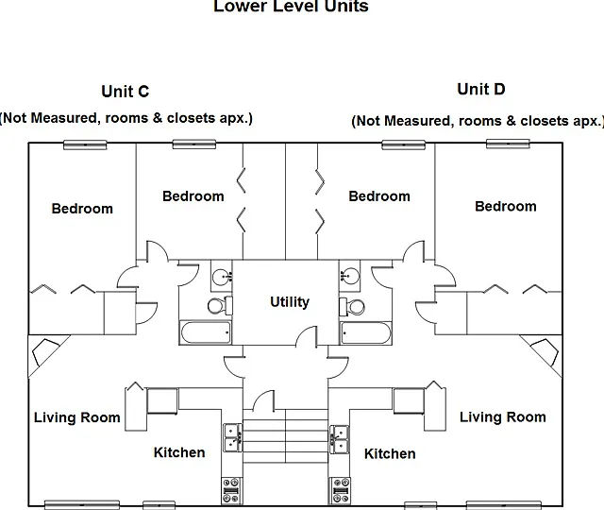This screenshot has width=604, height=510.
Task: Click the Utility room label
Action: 290,302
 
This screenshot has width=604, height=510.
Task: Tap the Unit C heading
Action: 126,92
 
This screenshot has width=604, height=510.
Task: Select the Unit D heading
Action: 481,89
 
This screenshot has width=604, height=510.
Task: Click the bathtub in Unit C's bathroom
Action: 206,332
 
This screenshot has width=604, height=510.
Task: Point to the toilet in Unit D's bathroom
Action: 352,307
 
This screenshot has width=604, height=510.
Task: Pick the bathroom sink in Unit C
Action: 222,276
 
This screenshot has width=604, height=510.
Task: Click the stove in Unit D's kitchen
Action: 340,490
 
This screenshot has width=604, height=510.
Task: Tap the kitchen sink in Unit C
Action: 233,438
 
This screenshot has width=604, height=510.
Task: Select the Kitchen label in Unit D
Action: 390,453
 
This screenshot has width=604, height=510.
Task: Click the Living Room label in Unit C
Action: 77,417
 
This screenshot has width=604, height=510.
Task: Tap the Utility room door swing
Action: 309,334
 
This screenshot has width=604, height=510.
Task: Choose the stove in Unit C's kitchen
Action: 232,490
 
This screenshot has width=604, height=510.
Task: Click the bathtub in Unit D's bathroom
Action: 365,332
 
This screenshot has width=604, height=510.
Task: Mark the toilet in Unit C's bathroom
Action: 220,306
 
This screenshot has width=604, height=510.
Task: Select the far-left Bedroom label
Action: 82,209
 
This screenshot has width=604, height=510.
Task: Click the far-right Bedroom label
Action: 506,206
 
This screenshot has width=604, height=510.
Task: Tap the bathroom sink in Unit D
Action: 350,276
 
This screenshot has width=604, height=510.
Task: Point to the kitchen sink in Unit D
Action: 340,439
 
